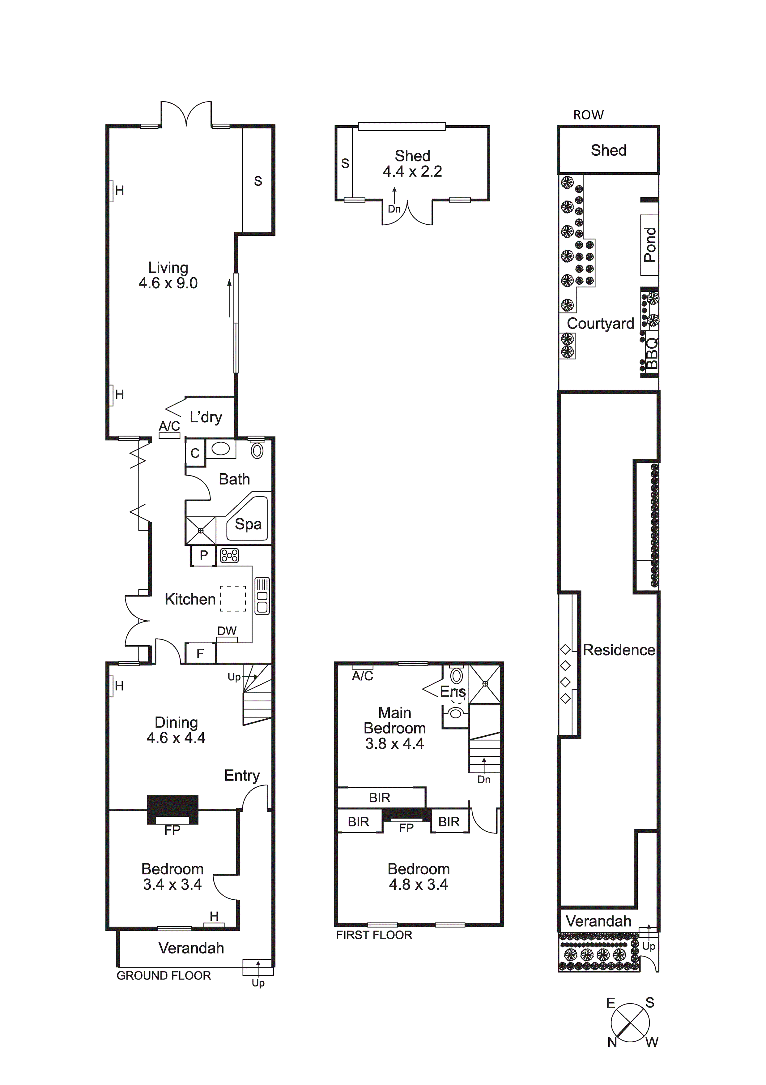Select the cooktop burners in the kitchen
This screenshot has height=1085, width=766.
[x=229, y=555]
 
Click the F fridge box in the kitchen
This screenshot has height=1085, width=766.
[x=200, y=653]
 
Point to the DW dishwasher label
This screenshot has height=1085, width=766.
[x=227, y=631]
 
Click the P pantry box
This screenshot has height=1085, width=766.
[x=203, y=555]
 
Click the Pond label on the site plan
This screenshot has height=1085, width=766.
[x=650, y=245]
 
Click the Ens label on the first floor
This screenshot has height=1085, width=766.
[x=453, y=691]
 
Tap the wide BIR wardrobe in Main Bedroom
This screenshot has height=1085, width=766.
[x=380, y=798]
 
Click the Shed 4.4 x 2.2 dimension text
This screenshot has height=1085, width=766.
[x=412, y=171]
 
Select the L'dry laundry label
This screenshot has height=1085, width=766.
[x=206, y=417]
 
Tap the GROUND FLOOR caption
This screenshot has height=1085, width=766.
[x=164, y=975]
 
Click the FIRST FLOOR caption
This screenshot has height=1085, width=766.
[x=374, y=935]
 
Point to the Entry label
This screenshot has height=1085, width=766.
[x=242, y=776]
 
